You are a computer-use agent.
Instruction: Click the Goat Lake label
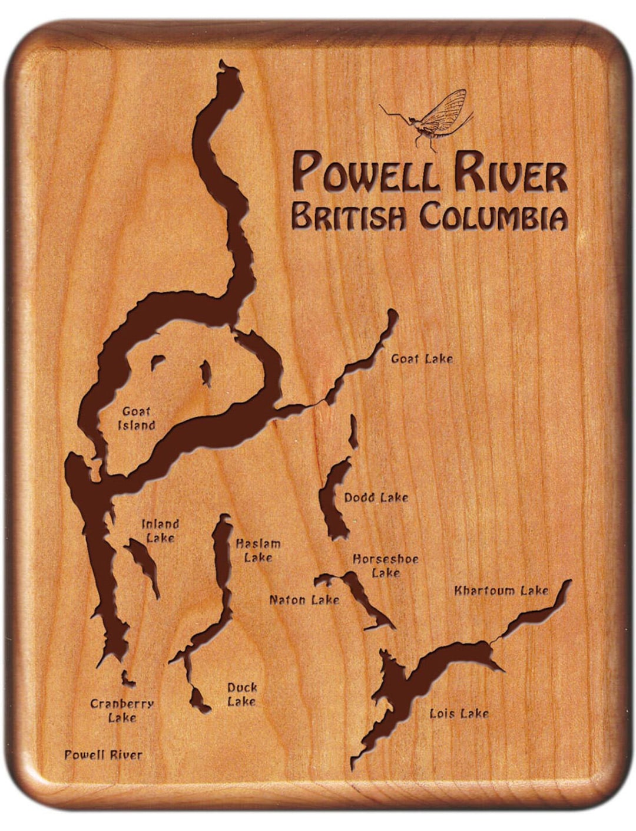pos(422,358)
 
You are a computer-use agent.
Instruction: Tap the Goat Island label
pos(137,418)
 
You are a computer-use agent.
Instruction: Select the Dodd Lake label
pos(376,497)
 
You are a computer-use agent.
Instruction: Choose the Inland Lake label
pos(160,530)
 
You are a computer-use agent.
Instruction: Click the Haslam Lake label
pos(258,550)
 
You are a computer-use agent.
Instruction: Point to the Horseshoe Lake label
pos(386,565)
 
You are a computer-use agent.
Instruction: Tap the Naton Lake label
pos(304,599)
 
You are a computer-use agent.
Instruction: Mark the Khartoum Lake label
pos(501,590)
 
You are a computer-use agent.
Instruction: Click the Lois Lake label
pos(459,713)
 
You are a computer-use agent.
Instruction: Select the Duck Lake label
pos(242,694)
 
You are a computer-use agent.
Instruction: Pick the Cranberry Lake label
pos(122,710)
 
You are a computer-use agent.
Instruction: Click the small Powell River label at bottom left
pos(103,754)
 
